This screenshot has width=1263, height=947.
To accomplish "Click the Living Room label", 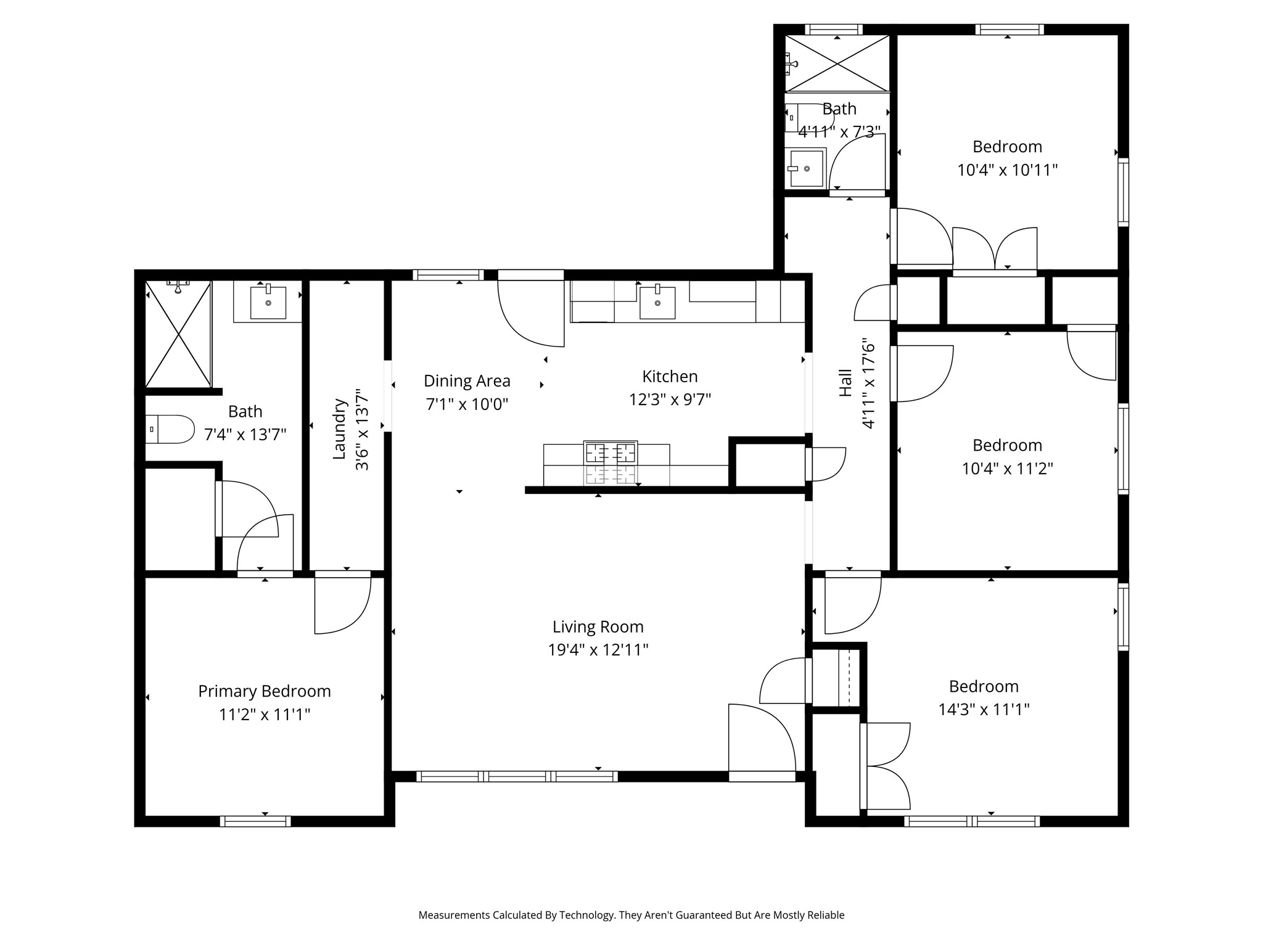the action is coord(598,627).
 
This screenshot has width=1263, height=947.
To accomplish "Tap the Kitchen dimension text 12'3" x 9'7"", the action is coord(670,400).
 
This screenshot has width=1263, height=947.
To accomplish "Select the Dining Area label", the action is coord(467,381).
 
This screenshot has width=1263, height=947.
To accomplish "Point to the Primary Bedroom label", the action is coord(265,691).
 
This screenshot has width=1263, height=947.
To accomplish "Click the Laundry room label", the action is coord(339,429).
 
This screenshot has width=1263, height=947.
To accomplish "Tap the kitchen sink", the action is coord(657,302).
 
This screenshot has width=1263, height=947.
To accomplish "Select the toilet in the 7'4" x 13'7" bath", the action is coord(170,429).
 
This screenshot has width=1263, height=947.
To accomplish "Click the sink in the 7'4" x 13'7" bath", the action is coord(268,301).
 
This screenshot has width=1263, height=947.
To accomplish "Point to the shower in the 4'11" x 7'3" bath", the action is coord(837,64).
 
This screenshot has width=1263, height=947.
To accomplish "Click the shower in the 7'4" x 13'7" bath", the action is coord(178,334).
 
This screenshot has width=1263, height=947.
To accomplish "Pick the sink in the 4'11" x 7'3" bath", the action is coord(807,168).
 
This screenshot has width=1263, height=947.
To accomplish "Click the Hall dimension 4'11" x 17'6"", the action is coord(868,383).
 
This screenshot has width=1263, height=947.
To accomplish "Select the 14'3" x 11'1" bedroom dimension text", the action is coord(984,710).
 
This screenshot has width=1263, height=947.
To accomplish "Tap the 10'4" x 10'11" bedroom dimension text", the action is coord(1007,170).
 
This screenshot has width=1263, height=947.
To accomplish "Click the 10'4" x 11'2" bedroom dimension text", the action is coord(1007,469).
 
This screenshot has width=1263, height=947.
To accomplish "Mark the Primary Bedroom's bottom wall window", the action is coord(255,821).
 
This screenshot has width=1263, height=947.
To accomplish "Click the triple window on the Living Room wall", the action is coord(517,776).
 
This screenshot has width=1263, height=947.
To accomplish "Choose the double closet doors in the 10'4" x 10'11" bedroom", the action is coord(995,249).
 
